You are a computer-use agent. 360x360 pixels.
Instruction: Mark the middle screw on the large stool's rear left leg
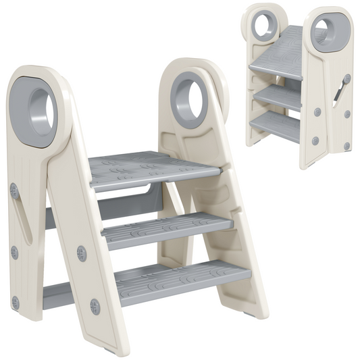pos(14,253)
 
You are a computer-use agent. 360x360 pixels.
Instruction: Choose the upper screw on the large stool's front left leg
pos(82,254)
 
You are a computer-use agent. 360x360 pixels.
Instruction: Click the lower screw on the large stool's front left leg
pos(94,307)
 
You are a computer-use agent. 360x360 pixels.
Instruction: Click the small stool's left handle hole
pos(261,25)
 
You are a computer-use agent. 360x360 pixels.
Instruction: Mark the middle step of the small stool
pos(280,97)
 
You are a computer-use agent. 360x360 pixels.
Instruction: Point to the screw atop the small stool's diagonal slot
pos(346,79)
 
